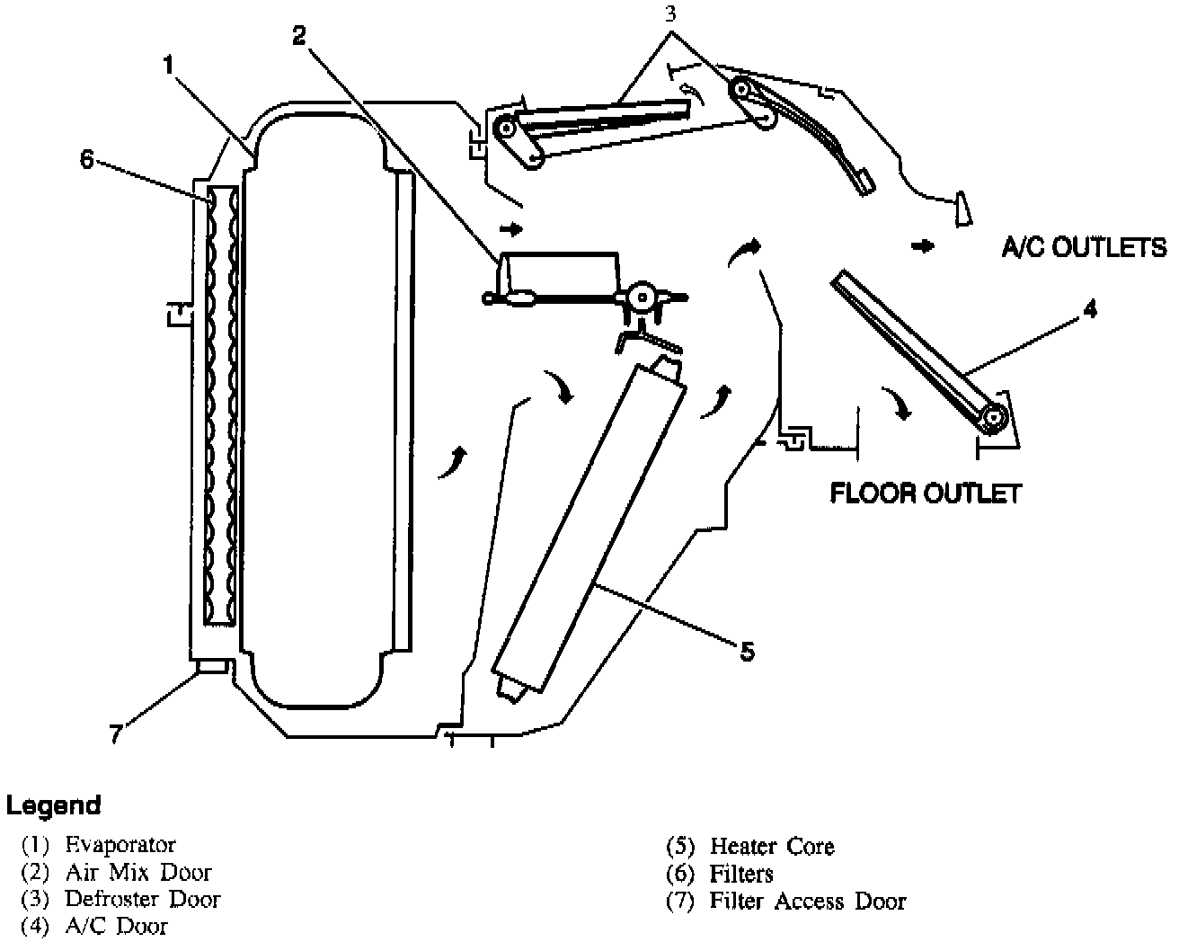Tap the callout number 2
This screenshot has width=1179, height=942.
[299, 36]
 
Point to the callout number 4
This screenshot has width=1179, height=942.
[1090, 310]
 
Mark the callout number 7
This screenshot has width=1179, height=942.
[115, 734]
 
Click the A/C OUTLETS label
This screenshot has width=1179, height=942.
[1084, 247]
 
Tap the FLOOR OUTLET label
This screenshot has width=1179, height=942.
[925, 493]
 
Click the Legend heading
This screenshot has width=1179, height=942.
[54, 805]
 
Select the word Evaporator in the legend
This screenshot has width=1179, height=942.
[120, 845]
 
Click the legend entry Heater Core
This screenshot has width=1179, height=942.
[772, 847]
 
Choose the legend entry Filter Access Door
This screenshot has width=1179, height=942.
[808, 902]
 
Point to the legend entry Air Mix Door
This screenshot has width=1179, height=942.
[138, 872]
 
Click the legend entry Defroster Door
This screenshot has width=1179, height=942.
[142, 899]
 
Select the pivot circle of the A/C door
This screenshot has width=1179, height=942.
[995, 416]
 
